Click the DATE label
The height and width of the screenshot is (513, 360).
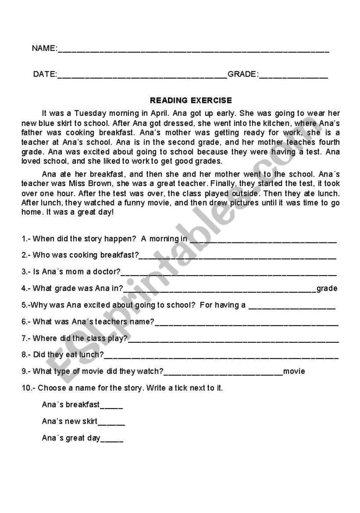pyautogui.click(x=45, y=75)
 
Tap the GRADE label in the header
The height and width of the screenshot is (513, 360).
pyautogui.click(x=242, y=75)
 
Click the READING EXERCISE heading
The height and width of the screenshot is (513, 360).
pyautogui.click(x=184, y=100)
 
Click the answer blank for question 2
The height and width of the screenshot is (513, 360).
pyautogui.click(x=237, y=256)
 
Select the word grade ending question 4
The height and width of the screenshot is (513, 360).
pyautogui.click(x=327, y=288)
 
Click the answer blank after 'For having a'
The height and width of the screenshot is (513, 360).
pyautogui.click(x=292, y=305)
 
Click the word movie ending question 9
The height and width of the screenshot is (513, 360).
pyautogui.click(x=294, y=371)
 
